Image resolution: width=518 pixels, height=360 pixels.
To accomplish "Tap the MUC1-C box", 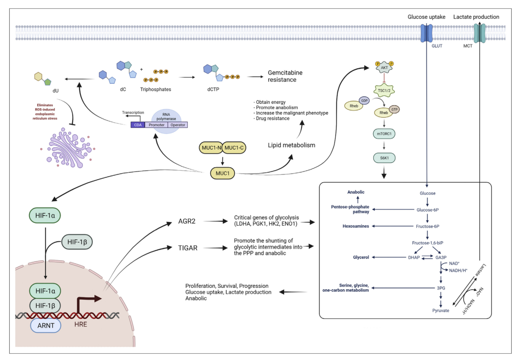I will click(237, 147).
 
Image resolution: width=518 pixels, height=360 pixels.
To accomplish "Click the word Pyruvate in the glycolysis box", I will click(441, 310).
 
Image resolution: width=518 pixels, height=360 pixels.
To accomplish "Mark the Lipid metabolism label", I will click(291, 145).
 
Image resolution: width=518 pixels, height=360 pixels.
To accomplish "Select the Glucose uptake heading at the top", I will click(426, 17).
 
